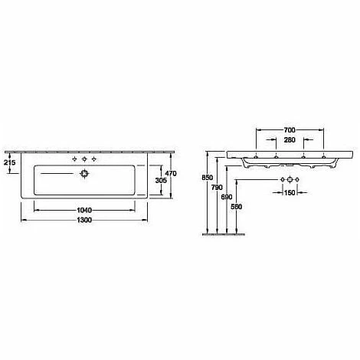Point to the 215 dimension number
coord(10,162)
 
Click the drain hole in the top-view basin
coord(83,174)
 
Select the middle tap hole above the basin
coord(83,159)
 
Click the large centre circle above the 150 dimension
coord(288,181)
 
